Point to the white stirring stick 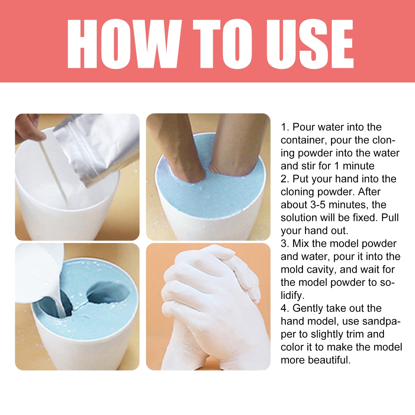pyautogui.click(x=53, y=169)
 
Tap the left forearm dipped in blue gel pyautogui.click(x=178, y=146)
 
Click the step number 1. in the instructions pyautogui.click(x=285, y=127)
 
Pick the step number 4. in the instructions pyautogui.click(x=285, y=308)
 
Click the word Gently pyautogui.click(x=308, y=308)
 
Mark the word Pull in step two pyautogui.click(x=390, y=218)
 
